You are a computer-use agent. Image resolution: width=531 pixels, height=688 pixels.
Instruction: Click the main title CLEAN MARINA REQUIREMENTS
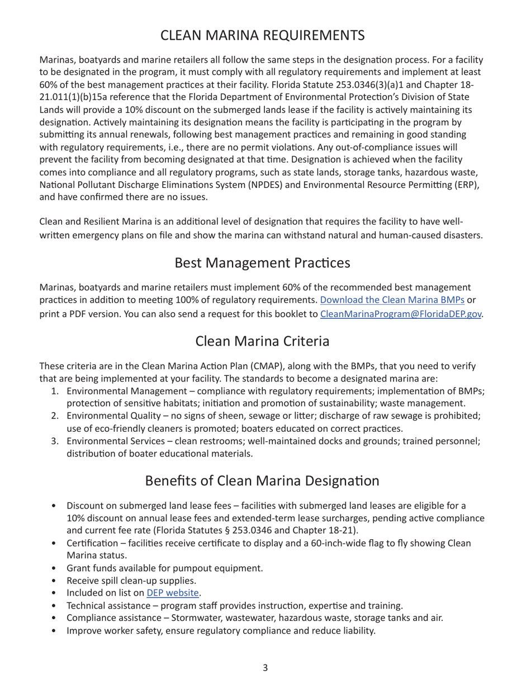click(263, 35)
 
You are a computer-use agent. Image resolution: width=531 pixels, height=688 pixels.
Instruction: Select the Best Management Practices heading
click(263, 262)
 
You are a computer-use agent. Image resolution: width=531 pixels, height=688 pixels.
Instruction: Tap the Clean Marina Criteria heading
click(263, 341)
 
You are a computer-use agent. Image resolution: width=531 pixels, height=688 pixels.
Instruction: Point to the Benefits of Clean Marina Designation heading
click(263, 480)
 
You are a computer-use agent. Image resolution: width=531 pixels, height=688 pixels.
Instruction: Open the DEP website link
click(173, 593)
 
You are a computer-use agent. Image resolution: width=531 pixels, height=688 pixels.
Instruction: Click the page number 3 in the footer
click(265, 667)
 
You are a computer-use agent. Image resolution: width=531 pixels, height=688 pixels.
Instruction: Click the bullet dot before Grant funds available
click(54, 568)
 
